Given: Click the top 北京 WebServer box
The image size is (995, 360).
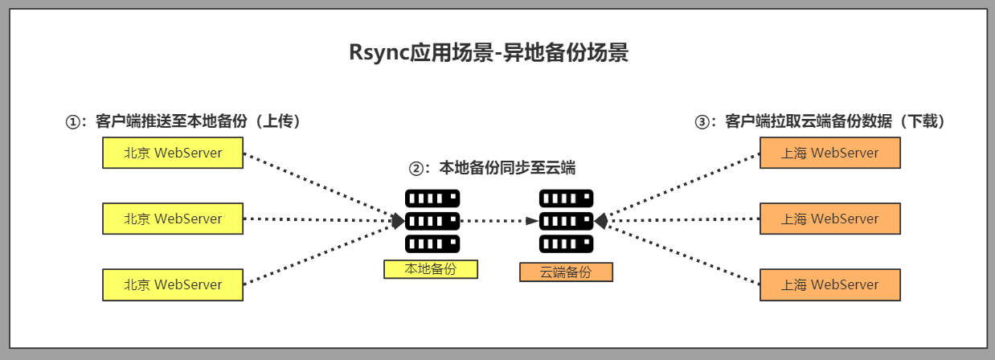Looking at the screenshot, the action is [173, 153].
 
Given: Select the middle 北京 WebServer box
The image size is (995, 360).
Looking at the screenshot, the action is [173, 219].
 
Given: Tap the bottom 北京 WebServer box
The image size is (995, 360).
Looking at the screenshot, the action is [173, 284].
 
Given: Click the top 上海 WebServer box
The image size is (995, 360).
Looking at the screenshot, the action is [830, 153].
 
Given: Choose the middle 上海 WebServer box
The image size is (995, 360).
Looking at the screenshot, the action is [830, 219].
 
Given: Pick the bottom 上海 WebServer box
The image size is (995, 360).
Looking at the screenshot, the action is [830, 284].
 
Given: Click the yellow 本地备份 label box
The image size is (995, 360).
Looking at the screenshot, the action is [431, 269].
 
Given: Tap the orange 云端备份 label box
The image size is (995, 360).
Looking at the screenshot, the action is [567, 272].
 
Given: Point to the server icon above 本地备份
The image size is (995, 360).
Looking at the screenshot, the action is [432, 221].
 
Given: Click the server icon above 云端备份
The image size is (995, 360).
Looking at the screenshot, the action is [567, 221].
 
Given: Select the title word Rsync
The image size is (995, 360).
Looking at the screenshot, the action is [379, 52].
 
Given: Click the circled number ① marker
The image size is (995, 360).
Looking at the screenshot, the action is [72, 122].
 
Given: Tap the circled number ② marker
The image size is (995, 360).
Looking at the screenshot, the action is [416, 169].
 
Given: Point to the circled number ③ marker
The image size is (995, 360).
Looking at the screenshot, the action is [702, 122].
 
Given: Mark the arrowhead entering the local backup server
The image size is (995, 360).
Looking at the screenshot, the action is [398, 221].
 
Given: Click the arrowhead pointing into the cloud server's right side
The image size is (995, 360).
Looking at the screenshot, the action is [601, 221].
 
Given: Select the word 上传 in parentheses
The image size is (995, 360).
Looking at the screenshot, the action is [277, 121].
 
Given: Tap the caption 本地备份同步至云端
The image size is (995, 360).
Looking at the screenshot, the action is [507, 168].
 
